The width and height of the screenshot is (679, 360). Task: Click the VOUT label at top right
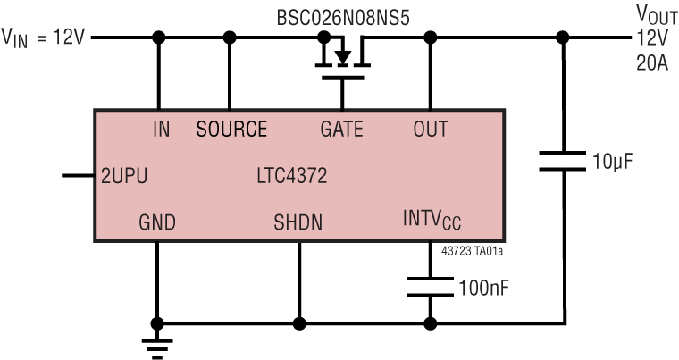pyautogui.click(x=655, y=15)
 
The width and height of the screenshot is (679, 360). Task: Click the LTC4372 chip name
pyautogui.click(x=291, y=176)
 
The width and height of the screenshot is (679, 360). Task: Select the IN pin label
pyautogui.click(x=161, y=130)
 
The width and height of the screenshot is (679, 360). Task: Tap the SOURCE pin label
pyautogui.click(x=231, y=130)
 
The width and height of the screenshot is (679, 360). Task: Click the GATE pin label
pyautogui.click(x=341, y=130)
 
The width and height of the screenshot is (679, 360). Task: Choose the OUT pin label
pyautogui.click(x=431, y=130)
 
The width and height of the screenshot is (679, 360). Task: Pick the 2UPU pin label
pyautogui.click(x=123, y=176)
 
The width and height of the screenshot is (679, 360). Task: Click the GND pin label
pyautogui.click(x=157, y=222)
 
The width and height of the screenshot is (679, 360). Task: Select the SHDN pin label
pyautogui.click(x=298, y=222)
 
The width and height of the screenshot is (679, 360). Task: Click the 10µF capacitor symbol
pyautogui.click(x=563, y=162)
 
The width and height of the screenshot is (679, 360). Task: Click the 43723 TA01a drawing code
pyautogui.click(x=473, y=253)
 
